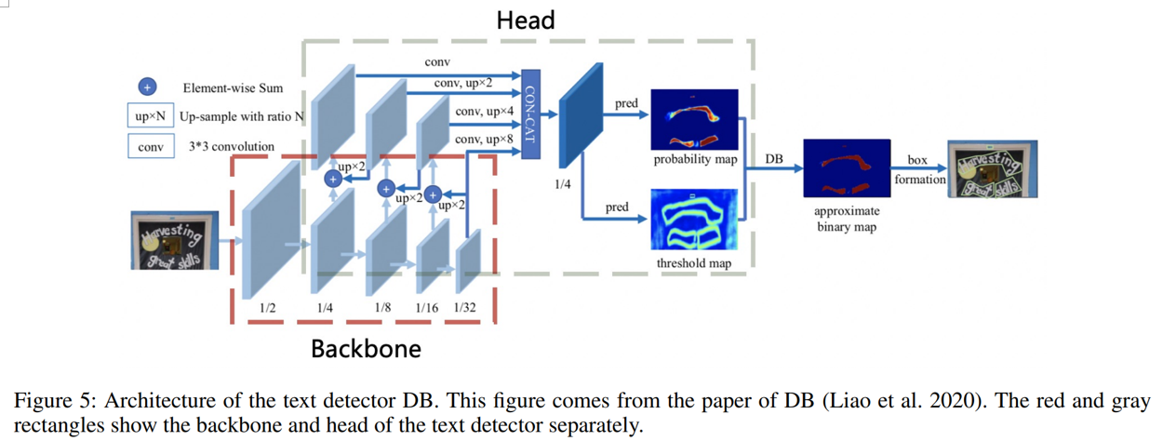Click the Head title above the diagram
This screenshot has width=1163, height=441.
click(526, 20)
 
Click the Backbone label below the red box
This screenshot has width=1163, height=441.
click(366, 349)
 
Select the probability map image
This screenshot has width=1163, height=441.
click(694, 120)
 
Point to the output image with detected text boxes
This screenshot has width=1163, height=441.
click(992, 170)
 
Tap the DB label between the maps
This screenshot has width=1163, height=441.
click(774, 160)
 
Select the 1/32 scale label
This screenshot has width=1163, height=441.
click(464, 308)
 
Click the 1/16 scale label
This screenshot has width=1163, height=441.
click(427, 308)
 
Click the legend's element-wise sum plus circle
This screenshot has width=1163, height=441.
click(146, 87)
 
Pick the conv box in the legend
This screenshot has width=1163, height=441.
click(150, 147)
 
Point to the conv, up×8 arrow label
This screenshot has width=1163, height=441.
click(481, 139)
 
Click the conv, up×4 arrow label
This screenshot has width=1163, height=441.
click(481, 113)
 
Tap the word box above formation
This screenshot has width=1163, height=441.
click(917, 160)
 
